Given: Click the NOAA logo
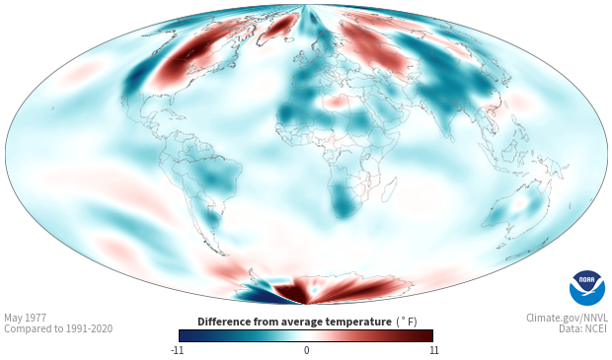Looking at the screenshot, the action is (587, 288).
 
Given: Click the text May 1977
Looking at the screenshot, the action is (25, 318).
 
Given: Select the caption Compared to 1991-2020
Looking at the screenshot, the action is (58, 328).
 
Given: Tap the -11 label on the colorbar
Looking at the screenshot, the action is (177, 350).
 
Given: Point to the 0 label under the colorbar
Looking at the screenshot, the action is (306, 350).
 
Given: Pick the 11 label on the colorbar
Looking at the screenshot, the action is (433, 350).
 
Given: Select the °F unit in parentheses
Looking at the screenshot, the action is (407, 323).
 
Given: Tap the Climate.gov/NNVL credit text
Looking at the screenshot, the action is (567, 318).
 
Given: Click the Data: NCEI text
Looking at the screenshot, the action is (583, 328).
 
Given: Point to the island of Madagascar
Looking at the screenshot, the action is (389, 190).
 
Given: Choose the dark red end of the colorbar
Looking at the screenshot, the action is (426, 335).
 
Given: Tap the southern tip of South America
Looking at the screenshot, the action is (225, 254).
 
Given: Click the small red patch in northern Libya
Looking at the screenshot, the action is (336, 103).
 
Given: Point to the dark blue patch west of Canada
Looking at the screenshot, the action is (135, 77).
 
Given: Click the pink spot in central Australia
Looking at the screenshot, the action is (519, 203).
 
